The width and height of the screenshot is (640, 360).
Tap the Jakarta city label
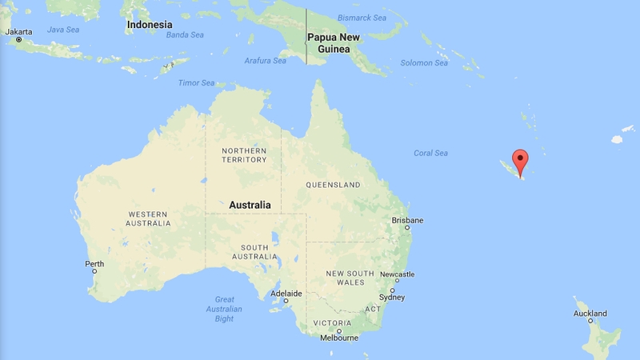coord(19,32)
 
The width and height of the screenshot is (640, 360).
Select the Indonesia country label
coord(150,26)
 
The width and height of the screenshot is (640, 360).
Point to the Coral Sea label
coord(430,153)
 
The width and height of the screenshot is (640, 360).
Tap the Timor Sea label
coord(196,82)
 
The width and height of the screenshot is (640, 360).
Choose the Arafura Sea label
coord(265,61)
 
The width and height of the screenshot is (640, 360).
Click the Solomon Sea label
coord(424,63)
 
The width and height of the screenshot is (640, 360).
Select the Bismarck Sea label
coord(362,18)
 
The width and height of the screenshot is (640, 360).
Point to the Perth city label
coord(94,264)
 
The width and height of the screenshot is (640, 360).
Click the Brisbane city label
coord(407,220)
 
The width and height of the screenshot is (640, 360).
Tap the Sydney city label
coord(392,297)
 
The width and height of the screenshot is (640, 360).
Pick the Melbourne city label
coord(338,338)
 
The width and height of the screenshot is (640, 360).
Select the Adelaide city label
coord(286,294)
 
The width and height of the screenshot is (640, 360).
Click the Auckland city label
coord(590,314)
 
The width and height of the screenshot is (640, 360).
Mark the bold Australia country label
coord(250,205)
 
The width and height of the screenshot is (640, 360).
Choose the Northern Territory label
coord(244,155)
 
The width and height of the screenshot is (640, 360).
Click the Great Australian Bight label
coord(223,309)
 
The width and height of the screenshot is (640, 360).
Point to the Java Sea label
coord(63,30)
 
